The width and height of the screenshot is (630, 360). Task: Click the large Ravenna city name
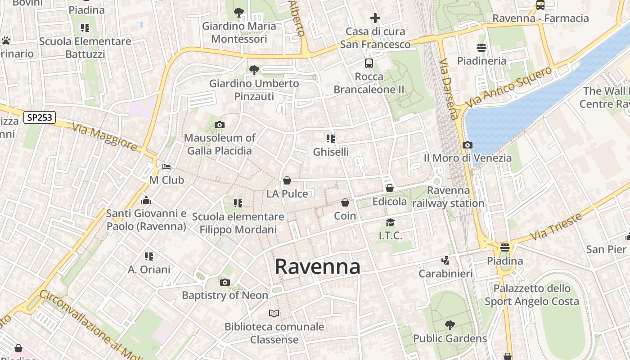point(317,266)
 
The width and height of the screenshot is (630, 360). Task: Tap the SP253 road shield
point(40,118)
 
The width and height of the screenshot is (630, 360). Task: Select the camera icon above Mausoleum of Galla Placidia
point(220,125)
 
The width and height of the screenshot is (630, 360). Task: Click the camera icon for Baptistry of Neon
point(225,282)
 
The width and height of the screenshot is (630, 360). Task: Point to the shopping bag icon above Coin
point(345,203)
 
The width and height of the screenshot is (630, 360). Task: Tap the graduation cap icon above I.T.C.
point(390,223)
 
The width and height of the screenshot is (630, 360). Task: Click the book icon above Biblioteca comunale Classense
point(274,313)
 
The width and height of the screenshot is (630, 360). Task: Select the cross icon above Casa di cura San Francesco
point(375,18)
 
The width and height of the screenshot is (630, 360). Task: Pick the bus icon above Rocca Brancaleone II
point(369,63)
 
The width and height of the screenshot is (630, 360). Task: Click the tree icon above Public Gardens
point(450,325)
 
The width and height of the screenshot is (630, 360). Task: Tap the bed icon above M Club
point(166,167)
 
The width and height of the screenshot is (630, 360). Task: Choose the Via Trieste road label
point(556,227)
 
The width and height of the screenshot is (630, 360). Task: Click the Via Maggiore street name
point(104,137)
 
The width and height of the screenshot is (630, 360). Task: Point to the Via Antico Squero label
point(508,87)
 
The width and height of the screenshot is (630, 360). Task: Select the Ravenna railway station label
point(448,197)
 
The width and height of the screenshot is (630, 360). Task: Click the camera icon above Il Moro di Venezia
point(468,145)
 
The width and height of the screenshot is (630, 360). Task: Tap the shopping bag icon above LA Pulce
point(287,180)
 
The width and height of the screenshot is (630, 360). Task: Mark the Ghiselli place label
point(331,152)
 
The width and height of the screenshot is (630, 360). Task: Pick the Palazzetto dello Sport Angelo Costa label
point(532,295)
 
